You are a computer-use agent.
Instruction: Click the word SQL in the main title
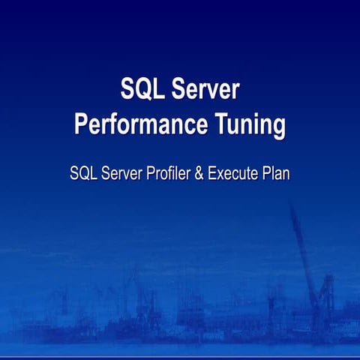pos(144,89)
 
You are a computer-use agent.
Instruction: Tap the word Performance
pos(139,124)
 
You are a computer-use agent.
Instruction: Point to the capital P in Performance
pos(81,124)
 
